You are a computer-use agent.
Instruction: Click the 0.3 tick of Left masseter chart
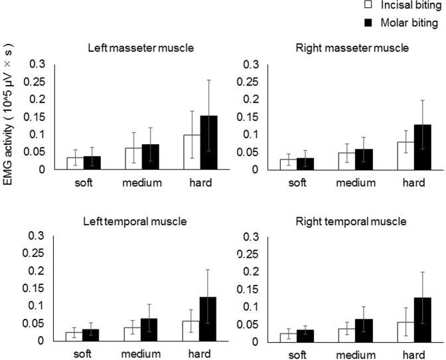38,64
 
